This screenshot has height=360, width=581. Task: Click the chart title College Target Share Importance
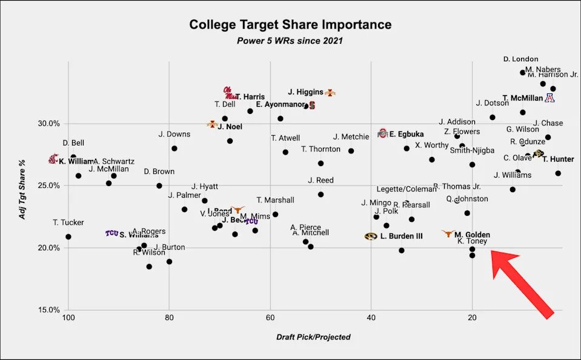click(290, 25)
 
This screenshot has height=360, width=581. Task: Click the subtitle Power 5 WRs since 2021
click(290, 41)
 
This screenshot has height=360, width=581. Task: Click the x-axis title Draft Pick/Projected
click(313, 337)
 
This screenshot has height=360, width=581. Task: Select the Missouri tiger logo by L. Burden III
click(371, 236)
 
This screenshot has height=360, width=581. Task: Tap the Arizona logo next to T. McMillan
click(550, 98)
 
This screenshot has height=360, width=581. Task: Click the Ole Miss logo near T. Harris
click(229, 93)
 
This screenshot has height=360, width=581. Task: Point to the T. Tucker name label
click(68, 222)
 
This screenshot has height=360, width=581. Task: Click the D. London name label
click(520, 59)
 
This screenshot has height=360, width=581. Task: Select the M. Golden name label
click(472, 235)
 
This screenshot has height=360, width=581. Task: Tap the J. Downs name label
click(174, 134)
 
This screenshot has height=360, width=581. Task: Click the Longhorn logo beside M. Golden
click(448, 233)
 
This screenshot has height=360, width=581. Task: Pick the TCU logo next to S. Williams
click(111, 233)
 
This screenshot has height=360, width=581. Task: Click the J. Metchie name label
click(351, 136)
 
